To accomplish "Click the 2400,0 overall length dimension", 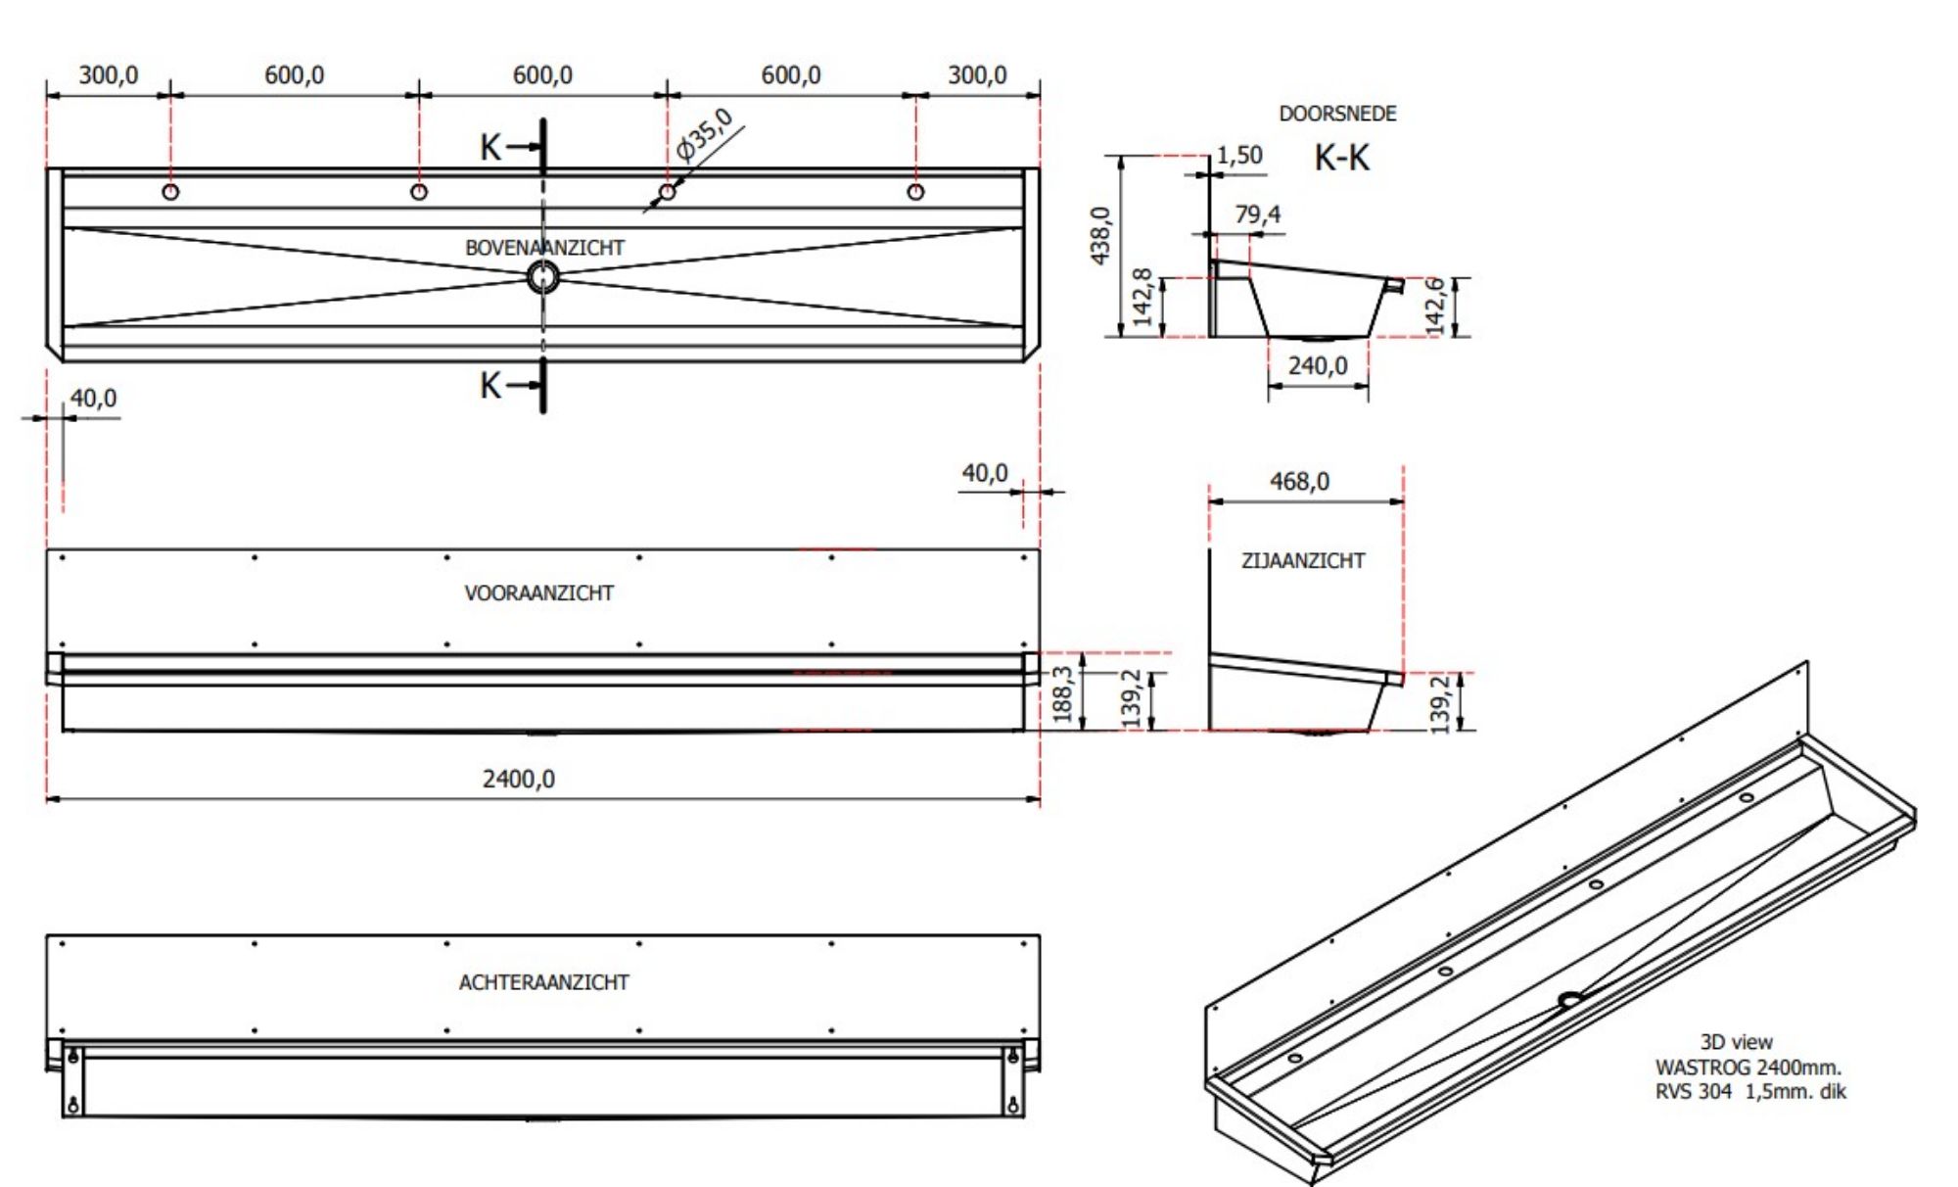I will [518, 779].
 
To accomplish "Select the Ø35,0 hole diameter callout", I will [704, 135].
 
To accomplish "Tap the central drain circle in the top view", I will [542, 277].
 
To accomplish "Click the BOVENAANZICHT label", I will [544, 248].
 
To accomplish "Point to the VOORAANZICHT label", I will [538, 593].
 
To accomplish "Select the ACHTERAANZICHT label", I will [543, 982].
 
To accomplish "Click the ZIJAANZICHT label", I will [1302, 561].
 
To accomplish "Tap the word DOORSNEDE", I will [1337, 114].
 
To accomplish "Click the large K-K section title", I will [1341, 157].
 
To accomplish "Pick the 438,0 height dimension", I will [1100, 235].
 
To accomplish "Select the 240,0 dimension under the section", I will [1318, 366].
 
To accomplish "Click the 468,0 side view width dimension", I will [1299, 481].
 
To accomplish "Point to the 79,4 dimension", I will [1257, 214].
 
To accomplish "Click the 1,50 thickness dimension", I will [1239, 155].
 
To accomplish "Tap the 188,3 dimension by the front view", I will [1063, 693].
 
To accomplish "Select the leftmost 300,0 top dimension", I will [108, 74].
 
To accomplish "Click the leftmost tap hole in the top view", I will [170, 191].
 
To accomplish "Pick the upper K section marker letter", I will [489, 148].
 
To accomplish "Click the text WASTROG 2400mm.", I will [1748, 1067].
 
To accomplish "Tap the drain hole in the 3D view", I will [1569, 999].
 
